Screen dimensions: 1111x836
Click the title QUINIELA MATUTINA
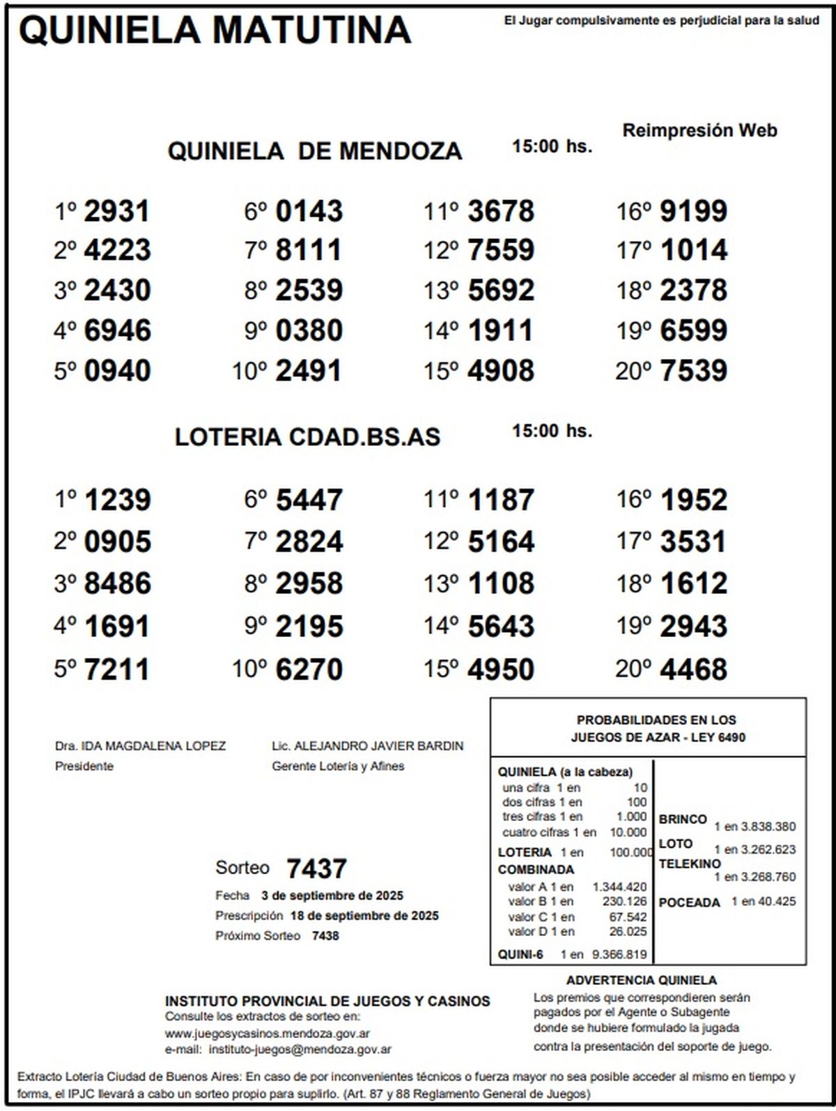(215, 31)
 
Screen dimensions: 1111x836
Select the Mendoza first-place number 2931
(117, 211)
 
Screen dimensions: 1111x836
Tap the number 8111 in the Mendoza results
(309, 250)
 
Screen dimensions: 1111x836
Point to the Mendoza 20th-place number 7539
(693, 371)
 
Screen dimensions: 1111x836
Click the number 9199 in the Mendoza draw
(693, 211)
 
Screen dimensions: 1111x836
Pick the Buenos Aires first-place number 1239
(117, 500)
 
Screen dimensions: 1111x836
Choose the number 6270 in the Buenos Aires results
(309, 670)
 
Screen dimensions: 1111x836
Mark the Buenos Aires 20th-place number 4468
(693, 670)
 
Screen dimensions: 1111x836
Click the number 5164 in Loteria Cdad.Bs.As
(501, 542)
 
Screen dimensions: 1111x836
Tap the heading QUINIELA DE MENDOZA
(314, 151)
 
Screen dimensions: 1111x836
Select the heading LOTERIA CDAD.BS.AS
(307, 437)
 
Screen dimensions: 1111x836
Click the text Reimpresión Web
(699, 130)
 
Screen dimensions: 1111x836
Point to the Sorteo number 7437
(316, 869)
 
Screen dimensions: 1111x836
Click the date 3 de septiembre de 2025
(332, 896)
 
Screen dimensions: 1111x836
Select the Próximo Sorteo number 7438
(325, 936)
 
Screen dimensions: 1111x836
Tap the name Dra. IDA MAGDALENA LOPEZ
(140, 746)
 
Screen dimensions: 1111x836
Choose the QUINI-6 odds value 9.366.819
(619, 955)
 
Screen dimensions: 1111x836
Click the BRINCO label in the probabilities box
(683, 820)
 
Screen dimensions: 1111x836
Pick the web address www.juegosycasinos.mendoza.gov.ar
(268, 1034)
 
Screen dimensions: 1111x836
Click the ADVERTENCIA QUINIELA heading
(641, 981)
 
